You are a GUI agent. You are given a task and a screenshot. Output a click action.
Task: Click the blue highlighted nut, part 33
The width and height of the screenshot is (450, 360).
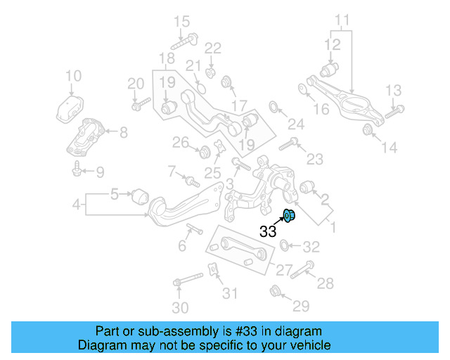point(288,215)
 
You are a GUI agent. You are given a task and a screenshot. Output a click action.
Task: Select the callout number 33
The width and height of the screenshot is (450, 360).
point(268,231)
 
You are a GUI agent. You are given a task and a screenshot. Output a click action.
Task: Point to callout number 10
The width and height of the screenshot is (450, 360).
point(73,76)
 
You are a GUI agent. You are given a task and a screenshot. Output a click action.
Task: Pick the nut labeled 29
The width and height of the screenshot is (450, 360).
point(275,290)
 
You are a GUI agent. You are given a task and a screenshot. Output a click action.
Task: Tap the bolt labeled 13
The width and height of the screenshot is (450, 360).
point(395,110)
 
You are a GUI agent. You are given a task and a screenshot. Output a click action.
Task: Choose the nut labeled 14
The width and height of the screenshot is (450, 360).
point(367,130)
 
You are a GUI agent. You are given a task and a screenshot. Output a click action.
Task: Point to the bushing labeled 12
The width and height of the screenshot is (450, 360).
point(330,70)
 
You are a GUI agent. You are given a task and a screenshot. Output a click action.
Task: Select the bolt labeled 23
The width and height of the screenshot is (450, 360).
point(290,147)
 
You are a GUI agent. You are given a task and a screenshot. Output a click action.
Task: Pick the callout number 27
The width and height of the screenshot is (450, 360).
point(285,269)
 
